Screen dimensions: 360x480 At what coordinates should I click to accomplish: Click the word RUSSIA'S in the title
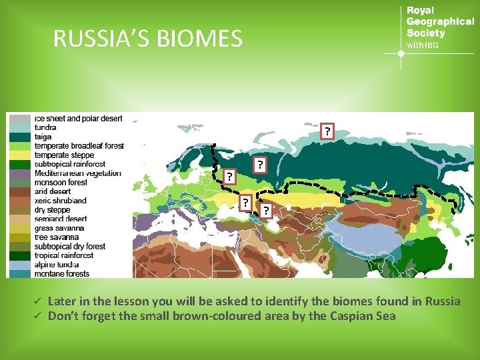click(x=102, y=39)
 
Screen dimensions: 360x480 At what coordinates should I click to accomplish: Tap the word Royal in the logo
click(x=420, y=10)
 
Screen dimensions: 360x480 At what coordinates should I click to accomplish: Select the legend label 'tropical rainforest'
click(x=64, y=255)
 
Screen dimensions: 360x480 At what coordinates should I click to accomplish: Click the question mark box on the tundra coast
click(x=327, y=131)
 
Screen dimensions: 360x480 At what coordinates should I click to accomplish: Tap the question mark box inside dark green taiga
click(x=259, y=164)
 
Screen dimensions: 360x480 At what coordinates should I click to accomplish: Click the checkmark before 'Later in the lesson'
click(x=39, y=301)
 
